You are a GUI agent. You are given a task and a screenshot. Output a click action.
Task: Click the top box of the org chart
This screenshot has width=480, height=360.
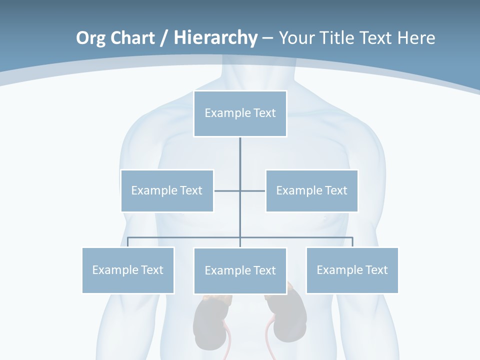pyautogui.click(x=240, y=113)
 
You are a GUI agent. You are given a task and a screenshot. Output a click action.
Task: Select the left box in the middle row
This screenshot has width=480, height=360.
pyautogui.click(x=167, y=190)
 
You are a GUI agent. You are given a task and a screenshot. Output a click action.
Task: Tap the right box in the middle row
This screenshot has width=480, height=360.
pyautogui.click(x=311, y=190)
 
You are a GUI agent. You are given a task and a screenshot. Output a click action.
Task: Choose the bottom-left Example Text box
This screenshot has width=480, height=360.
pyautogui.click(x=128, y=270)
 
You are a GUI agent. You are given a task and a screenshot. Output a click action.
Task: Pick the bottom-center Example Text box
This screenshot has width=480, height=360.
pyautogui.click(x=240, y=270)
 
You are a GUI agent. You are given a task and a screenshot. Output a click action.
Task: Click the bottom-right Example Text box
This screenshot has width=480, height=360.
pyautogui.click(x=352, y=270)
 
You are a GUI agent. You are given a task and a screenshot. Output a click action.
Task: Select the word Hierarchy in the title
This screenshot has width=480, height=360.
pyautogui.click(x=215, y=38)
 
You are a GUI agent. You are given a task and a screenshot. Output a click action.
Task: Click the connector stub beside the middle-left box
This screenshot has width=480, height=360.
pyautogui.click(x=227, y=190)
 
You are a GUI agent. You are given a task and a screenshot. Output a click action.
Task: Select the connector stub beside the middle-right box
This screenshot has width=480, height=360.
pyautogui.click(x=253, y=190)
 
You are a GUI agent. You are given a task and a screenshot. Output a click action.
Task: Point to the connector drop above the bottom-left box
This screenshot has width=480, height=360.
pyautogui.click(x=128, y=242)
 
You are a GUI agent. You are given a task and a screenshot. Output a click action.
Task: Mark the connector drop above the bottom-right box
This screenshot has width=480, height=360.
pyautogui.click(x=352, y=242)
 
